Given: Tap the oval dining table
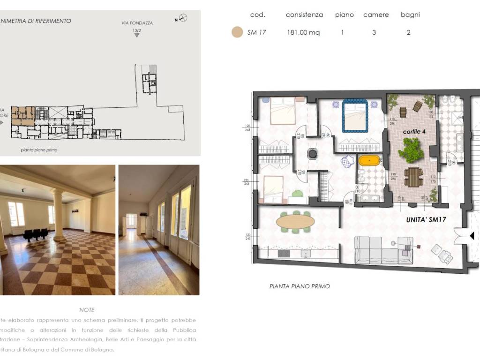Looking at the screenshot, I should pos(295,221).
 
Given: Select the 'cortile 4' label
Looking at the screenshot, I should pos(414,132).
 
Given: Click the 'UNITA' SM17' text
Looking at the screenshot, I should pos(426,219).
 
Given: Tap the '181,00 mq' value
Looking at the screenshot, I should pos(303,32).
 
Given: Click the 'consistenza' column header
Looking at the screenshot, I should pos(304,15).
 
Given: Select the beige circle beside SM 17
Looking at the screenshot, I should pos(237,32).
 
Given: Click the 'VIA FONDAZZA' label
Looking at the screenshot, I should pos(136,22).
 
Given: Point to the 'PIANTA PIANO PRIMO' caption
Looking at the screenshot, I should pos(300,286).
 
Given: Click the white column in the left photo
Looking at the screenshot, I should pos(59,215).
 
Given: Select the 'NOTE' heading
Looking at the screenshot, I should pos(87,310).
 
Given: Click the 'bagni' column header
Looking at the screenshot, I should pos(410,15).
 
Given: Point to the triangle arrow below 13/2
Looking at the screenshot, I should pos(136,35).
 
